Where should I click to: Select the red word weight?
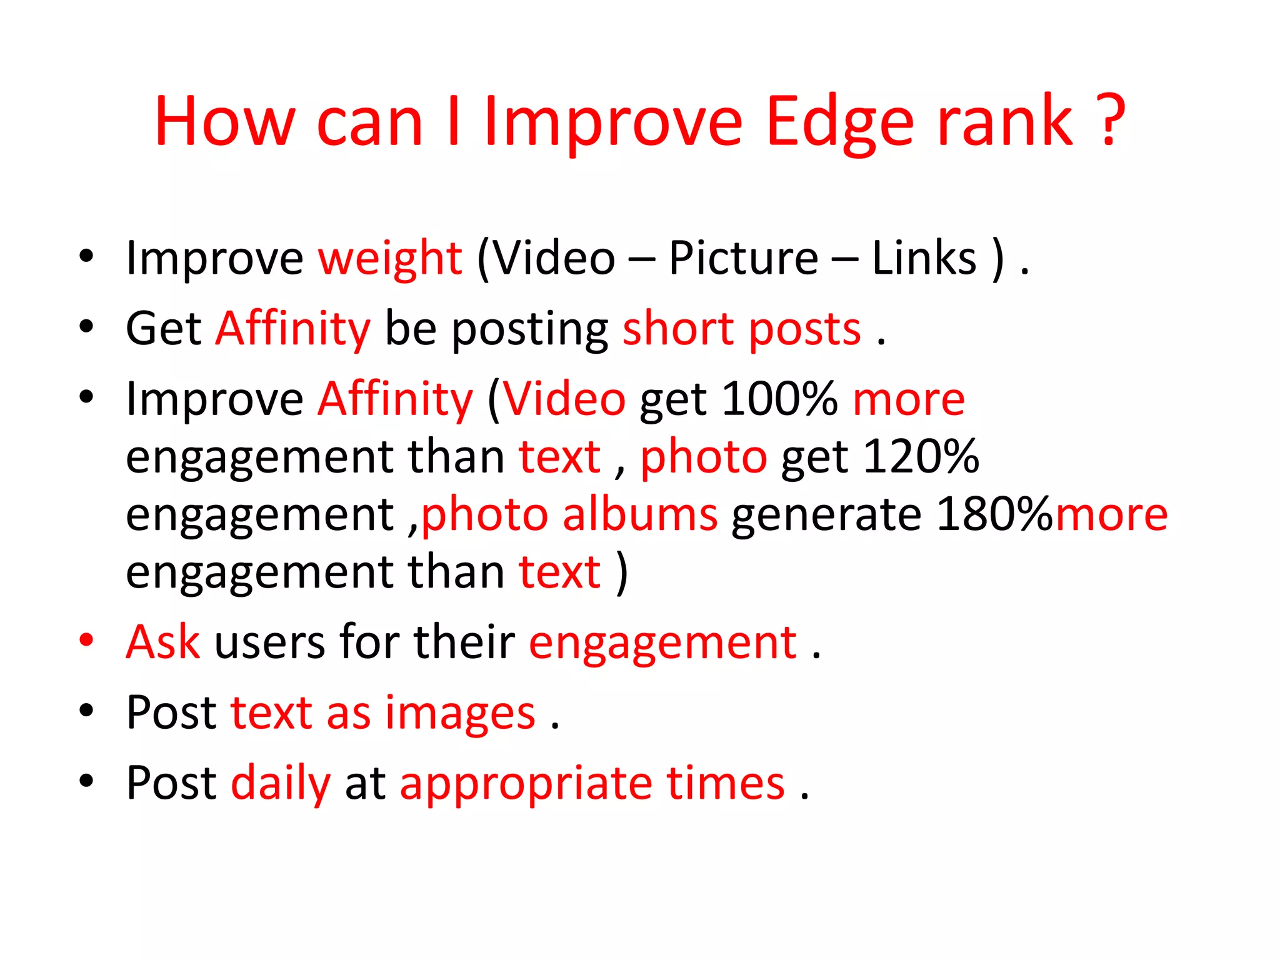[x=390, y=259]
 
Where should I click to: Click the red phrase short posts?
[x=742, y=329]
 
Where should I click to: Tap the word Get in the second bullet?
[x=163, y=329]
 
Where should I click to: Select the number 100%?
[x=779, y=399]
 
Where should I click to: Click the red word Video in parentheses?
[x=564, y=399]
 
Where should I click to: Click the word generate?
[x=826, y=515]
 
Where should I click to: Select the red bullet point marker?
[x=87, y=640]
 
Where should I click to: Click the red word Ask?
[x=163, y=642]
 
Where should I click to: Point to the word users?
[x=270, y=643]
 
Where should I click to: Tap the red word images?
[x=460, y=713]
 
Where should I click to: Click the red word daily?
[x=281, y=783]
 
